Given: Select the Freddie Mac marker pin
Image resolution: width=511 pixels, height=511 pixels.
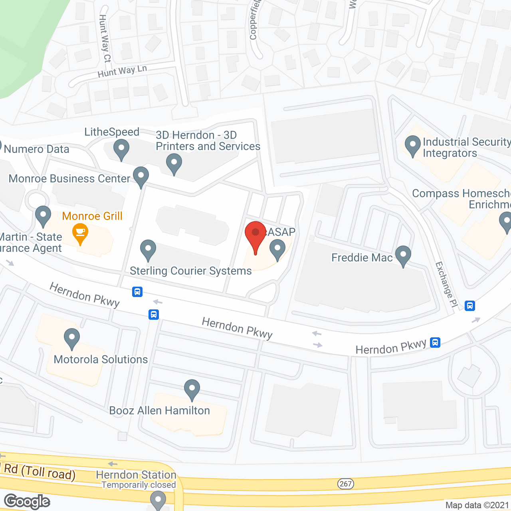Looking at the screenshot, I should click(x=403, y=255).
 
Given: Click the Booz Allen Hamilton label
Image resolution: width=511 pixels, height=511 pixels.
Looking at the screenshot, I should click(x=159, y=411).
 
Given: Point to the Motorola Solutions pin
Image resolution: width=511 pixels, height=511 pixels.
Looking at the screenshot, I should click(x=72, y=339).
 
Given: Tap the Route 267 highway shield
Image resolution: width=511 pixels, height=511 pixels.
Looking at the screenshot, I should click(x=346, y=484).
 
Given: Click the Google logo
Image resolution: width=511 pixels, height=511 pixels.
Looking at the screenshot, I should click(x=27, y=501).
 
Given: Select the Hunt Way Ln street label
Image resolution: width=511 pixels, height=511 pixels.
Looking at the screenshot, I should click(x=122, y=71).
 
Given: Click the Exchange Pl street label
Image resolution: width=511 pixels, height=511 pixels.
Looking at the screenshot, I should click(x=446, y=284).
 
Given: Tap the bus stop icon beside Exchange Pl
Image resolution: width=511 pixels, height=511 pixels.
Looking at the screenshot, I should click(x=470, y=306).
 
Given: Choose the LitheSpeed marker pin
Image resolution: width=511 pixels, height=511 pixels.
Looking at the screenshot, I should click(x=121, y=150).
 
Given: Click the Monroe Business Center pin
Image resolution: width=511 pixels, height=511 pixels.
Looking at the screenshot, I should click(x=141, y=177).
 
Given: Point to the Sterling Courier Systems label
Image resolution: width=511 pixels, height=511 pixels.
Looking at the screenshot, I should click(x=190, y=271).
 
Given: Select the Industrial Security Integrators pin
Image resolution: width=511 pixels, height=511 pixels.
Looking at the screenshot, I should click(x=412, y=146).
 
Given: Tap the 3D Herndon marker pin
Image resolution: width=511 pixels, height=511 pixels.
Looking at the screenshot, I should click(x=174, y=164).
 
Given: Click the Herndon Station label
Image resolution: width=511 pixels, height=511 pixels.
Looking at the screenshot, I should click(x=136, y=475).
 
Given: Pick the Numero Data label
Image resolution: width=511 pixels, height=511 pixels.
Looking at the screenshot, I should click(x=36, y=149).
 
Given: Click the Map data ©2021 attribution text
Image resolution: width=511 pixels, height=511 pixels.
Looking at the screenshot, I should click(x=477, y=505).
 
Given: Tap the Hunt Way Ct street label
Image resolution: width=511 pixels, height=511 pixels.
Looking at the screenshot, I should click(x=105, y=38).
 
